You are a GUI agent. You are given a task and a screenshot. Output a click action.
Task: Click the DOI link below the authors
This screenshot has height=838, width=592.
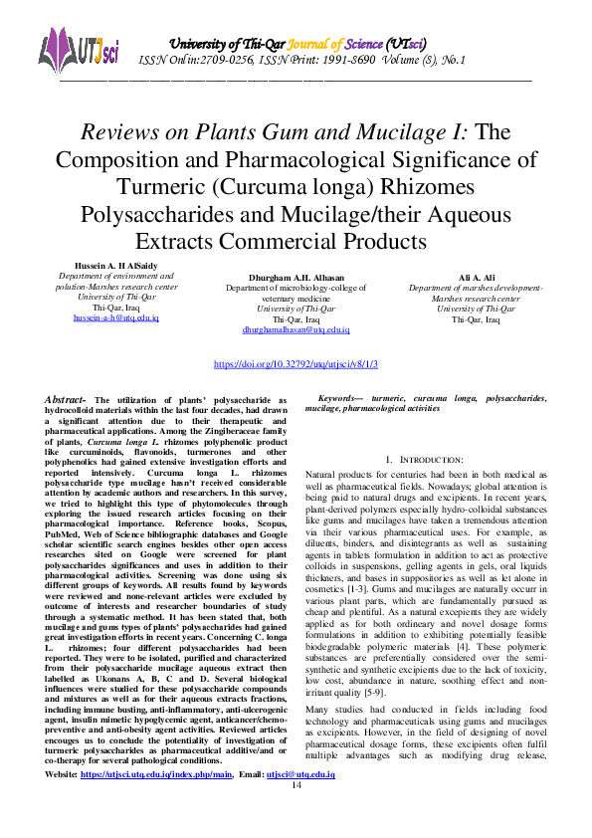tap(296, 365)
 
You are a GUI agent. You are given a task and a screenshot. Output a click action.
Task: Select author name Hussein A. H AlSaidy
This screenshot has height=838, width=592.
tap(116, 265)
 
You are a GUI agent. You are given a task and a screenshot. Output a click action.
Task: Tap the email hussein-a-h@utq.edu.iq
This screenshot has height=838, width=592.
tap(116, 316)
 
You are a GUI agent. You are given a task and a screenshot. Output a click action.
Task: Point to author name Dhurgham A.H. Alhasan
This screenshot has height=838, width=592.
tap(296, 276)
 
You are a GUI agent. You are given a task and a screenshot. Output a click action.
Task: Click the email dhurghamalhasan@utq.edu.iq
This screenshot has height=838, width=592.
tap(296, 329)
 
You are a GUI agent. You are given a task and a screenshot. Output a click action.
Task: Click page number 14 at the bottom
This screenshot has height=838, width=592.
tap(296, 813)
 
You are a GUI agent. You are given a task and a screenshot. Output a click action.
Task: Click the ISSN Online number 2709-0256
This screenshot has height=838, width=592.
tap(225, 62)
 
